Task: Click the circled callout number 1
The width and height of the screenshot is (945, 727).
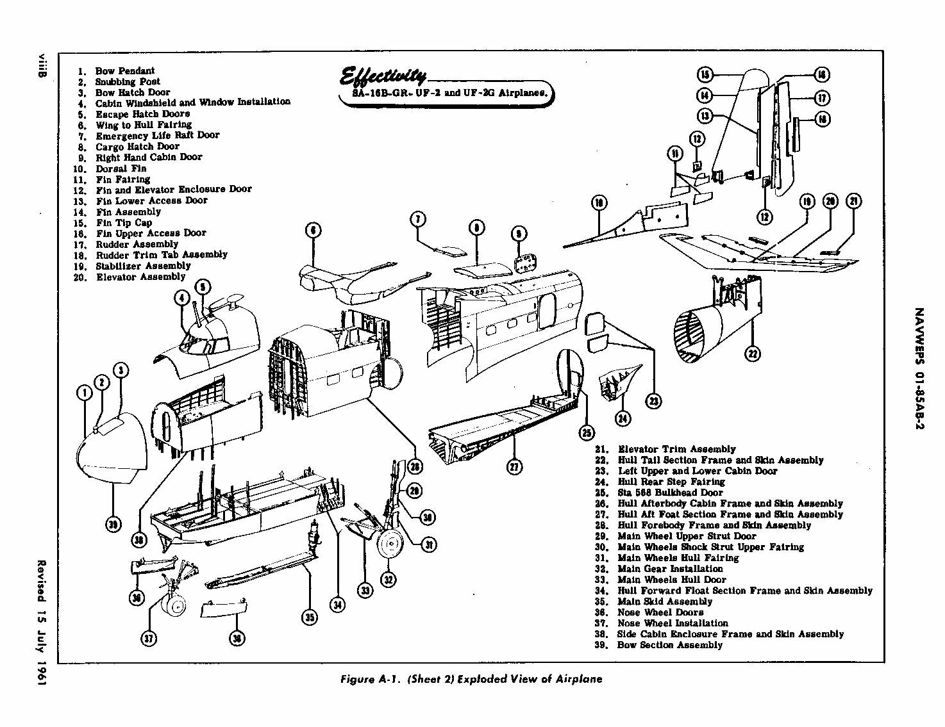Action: [85, 392]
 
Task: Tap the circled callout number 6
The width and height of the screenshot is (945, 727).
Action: [314, 230]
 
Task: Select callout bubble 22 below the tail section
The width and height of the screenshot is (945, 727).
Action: [753, 354]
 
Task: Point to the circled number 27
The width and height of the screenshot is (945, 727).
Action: [514, 467]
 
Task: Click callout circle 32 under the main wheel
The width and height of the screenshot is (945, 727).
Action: [388, 580]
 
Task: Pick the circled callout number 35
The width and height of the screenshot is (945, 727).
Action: [310, 617]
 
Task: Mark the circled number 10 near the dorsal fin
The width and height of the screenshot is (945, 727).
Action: [599, 204]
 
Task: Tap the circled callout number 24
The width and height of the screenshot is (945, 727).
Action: [623, 419]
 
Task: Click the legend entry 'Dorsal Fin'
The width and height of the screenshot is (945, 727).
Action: [121, 168]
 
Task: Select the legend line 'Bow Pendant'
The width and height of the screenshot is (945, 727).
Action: [124, 70]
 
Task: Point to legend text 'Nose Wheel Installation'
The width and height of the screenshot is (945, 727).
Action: [673, 623]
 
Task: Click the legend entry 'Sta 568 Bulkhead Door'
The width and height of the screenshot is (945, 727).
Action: [669, 493]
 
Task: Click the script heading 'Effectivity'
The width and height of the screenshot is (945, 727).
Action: [383, 77]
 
